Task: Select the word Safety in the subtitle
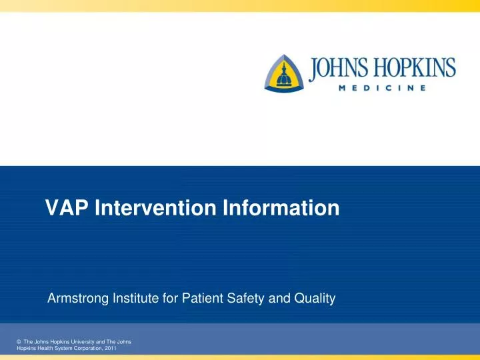pyautogui.click(x=250, y=299)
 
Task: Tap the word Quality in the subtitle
pyautogui.click(x=313, y=299)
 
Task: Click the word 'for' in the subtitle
pyautogui.click(x=170, y=299)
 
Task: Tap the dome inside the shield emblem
pyautogui.click(x=287, y=75)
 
